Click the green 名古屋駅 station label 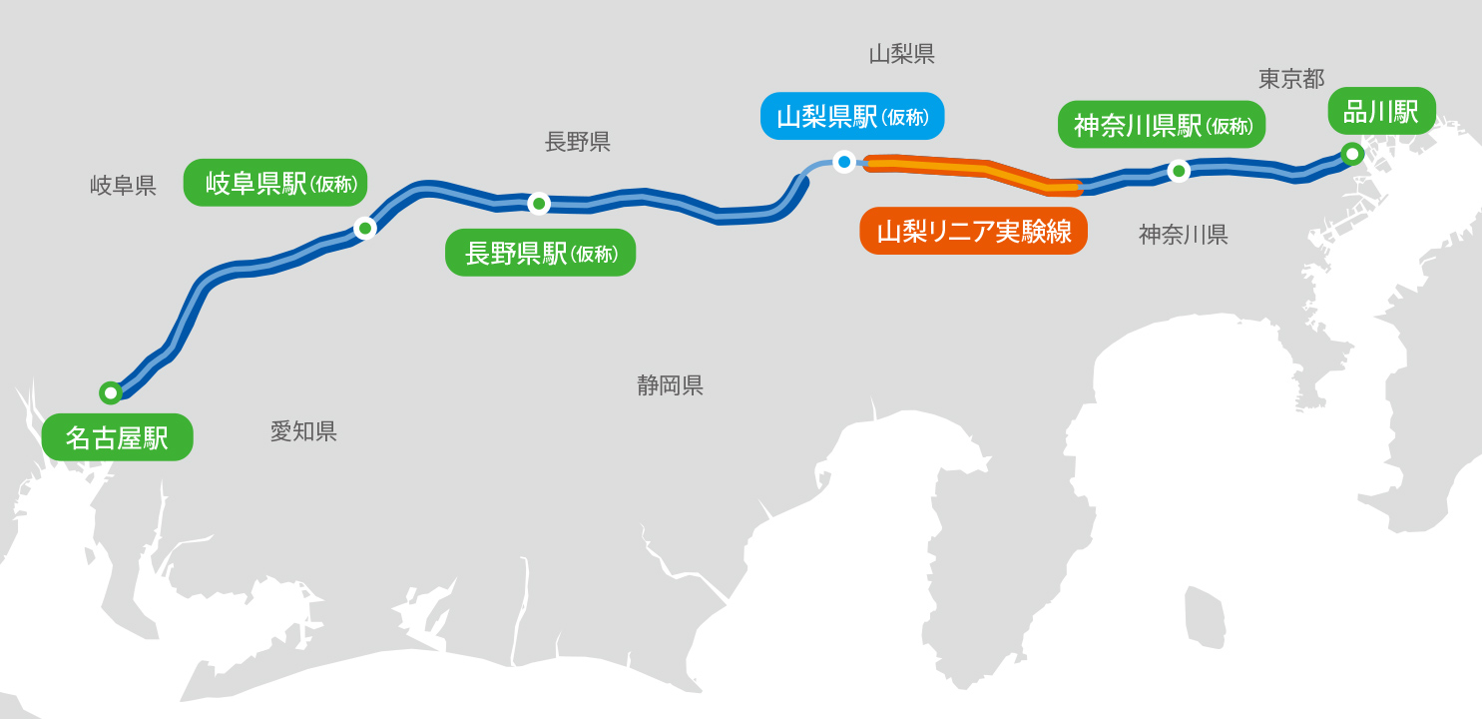pyautogui.click(x=117, y=437)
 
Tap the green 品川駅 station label pyautogui.click(x=1381, y=111)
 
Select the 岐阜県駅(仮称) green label pyautogui.click(x=275, y=183)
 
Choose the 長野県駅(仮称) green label pyautogui.click(x=540, y=253)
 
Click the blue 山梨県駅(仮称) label pyautogui.click(x=851, y=116)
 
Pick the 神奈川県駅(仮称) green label pyautogui.click(x=1162, y=125)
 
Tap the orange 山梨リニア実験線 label pyautogui.click(x=973, y=232)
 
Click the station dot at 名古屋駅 pyautogui.click(x=111, y=392)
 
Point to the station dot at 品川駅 pyautogui.click(x=1352, y=154)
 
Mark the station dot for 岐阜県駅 pyautogui.click(x=365, y=229)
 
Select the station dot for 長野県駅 pyautogui.click(x=539, y=204)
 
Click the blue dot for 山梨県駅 pyautogui.click(x=844, y=161)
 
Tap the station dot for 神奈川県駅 pyautogui.click(x=1179, y=171)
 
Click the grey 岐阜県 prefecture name pyautogui.click(x=123, y=186)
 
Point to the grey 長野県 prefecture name pyautogui.click(x=577, y=142)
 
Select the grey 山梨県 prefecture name pyautogui.click(x=901, y=54)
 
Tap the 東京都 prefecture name pyautogui.click(x=1290, y=79)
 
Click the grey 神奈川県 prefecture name pyautogui.click(x=1183, y=235)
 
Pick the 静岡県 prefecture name pyautogui.click(x=670, y=385)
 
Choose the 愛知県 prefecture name pyautogui.click(x=303, y=431)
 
